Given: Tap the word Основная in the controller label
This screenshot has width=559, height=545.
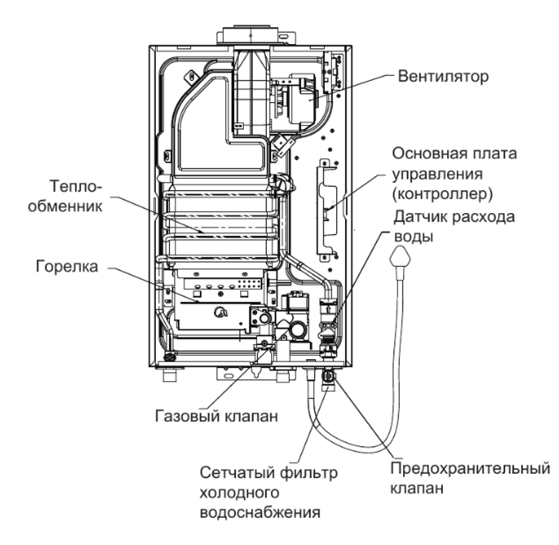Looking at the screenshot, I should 421,154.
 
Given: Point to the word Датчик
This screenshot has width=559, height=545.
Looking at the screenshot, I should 416,217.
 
